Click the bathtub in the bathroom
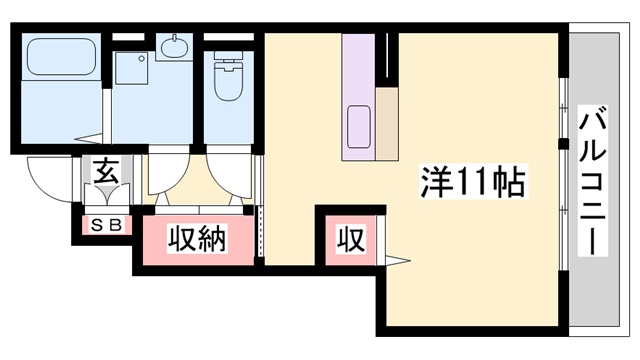pos(62,56)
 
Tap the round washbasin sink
pos(174,48)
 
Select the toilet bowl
pos(229,76)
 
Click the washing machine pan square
pos(131,68)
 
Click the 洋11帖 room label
pos(472,182)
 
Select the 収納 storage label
pos(197,239)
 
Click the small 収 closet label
pos(350,240)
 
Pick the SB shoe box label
pos(106,225)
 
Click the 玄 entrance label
pos(107,172)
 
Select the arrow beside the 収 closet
pos(397,260)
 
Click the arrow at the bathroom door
pos(88,138)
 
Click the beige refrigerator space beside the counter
pos(387,124)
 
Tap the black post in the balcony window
pos(563,144)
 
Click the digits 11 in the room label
pos(472,182)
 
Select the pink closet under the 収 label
pos(350,240)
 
